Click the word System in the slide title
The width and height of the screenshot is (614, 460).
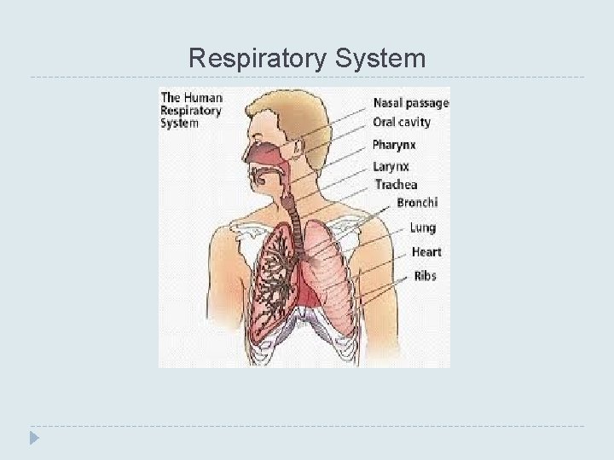coord(382,59)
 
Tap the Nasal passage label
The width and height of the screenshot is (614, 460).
coord(410,103)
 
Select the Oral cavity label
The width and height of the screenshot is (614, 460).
coord(402,122)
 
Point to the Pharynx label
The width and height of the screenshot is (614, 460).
coord(394,145)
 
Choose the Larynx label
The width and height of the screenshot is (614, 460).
coord(391,165)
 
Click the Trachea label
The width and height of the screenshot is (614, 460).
coord(397,184)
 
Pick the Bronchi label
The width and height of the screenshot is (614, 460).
coord(417,203)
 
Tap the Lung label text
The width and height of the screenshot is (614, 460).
coord(422,227)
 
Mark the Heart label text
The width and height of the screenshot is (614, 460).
coord(426,252)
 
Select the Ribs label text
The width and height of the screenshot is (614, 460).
coord(425,276)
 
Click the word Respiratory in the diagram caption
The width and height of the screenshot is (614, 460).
coord(192,110)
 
